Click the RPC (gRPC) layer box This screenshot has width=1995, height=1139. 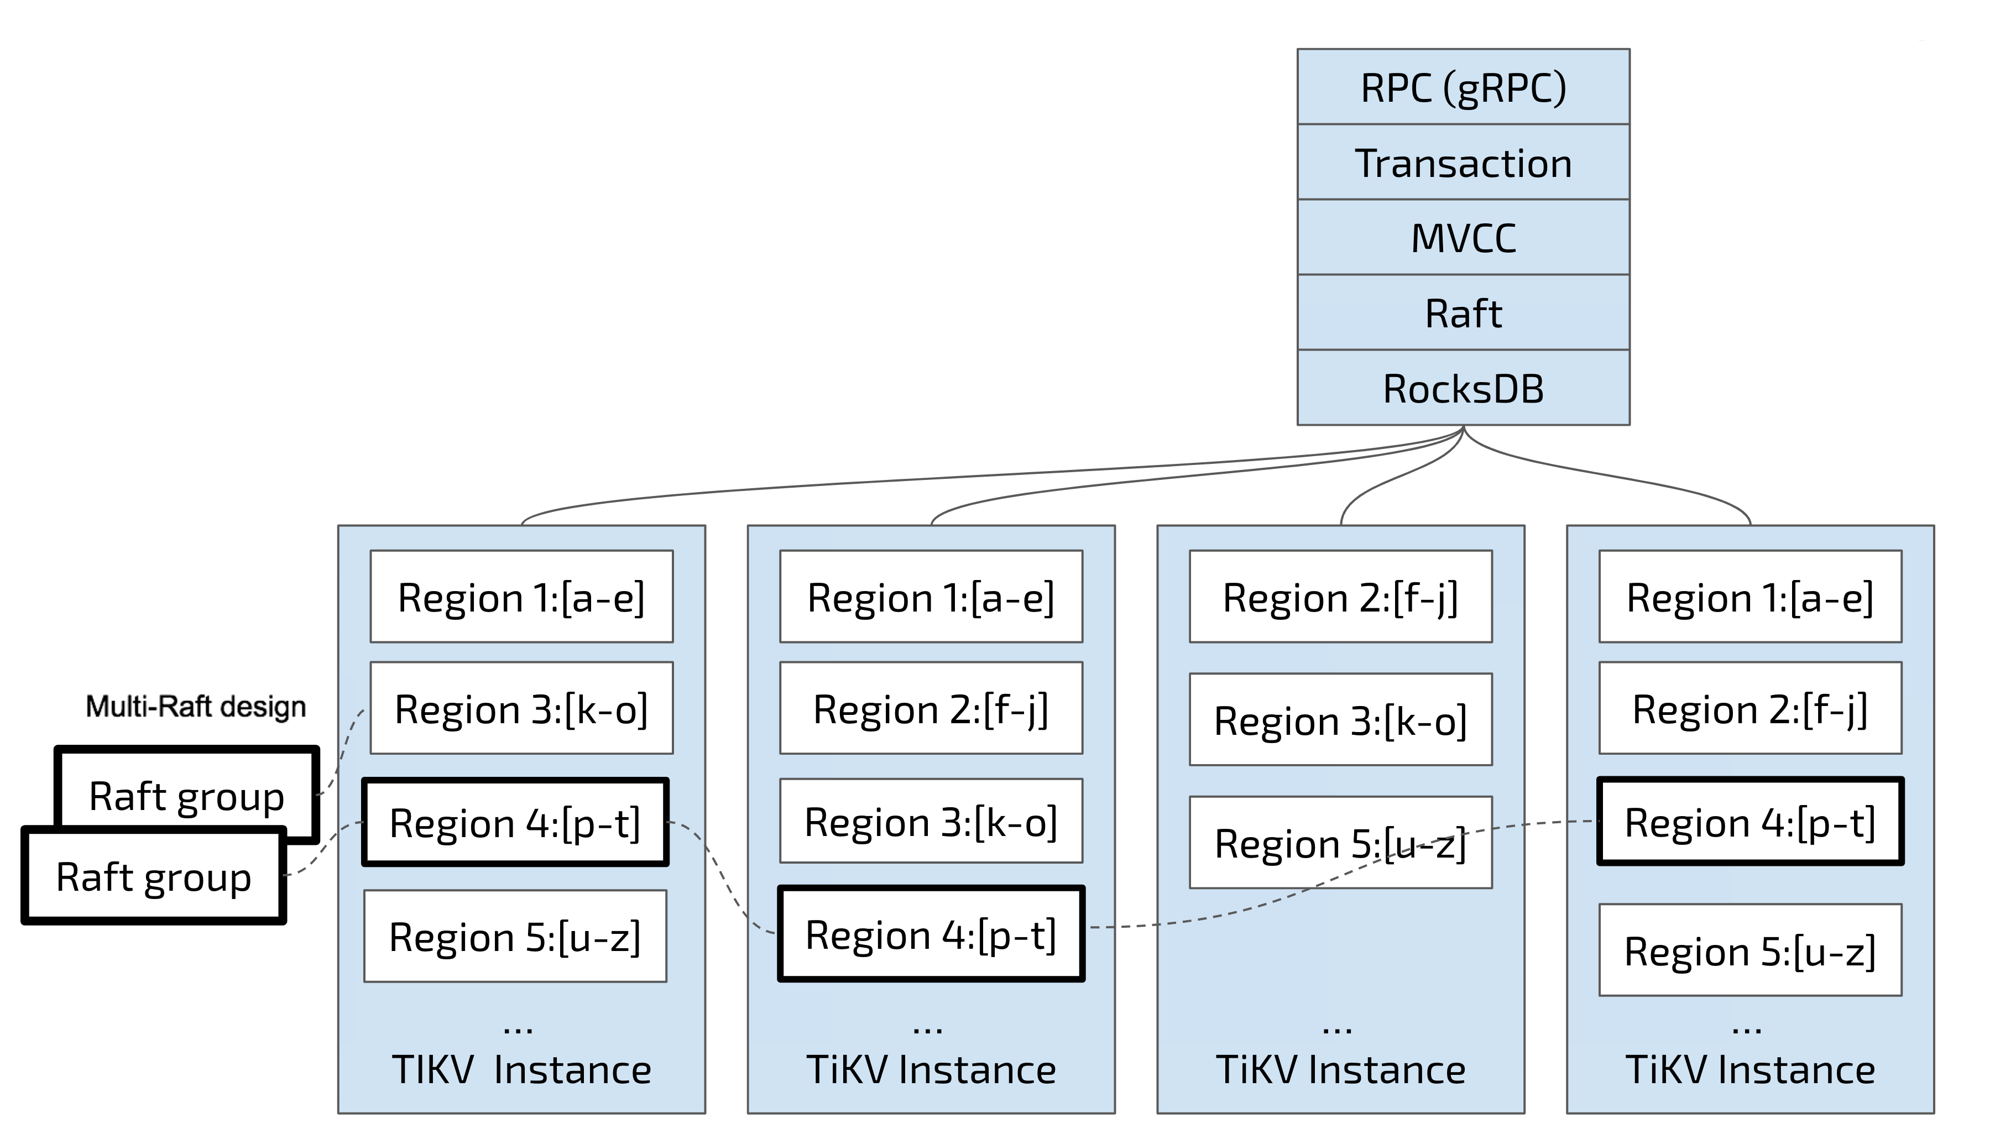[1462, 87]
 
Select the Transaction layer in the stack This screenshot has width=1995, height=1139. [1462, 163]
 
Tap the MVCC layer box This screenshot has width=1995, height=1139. [1462, 237]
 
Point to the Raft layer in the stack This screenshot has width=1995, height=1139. [1462, 313]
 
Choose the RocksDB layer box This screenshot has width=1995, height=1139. [1462, 388]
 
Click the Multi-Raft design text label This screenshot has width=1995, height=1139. [196, 707]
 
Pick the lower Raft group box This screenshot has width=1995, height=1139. [153, 877]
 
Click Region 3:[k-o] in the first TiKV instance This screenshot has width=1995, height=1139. [521, 709]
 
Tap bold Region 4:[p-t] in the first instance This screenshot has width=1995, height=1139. [515, 822]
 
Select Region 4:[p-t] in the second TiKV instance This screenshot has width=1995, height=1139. [930, 934]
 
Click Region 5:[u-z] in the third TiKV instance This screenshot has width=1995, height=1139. [1339, 843]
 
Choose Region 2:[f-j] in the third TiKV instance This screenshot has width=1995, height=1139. [1339, 597]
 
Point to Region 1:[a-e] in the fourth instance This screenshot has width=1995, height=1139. [1749, 597]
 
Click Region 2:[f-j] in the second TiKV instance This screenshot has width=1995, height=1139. [930, 709]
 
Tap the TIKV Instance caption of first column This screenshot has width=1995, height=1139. [521, 1069]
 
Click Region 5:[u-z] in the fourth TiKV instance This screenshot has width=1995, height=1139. [1749, 950]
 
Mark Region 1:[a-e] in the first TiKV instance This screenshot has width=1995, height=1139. [521, 597]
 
